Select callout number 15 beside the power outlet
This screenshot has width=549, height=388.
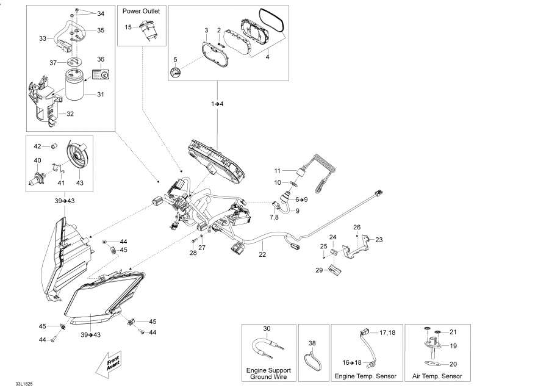click(128, 27)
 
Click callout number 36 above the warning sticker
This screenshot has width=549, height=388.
click(101, 59)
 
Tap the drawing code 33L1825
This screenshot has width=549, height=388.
click(16, 383)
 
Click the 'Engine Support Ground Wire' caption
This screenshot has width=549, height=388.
click(268, 373)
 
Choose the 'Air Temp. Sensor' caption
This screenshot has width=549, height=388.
click(437, 376)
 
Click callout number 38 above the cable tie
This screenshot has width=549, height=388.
click(313, 343)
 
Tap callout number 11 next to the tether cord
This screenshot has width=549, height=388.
click(276, 170)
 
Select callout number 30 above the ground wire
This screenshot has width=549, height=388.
click(267, 329)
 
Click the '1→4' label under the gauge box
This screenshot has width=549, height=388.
click(218, 104)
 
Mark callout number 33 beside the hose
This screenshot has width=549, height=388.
click(43, 38)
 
